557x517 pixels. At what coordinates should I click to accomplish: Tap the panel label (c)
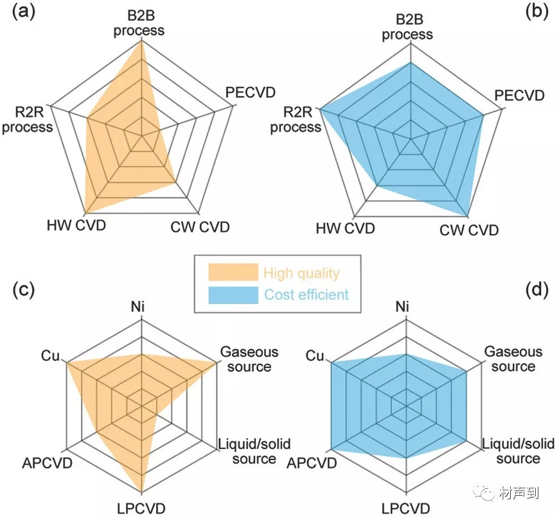23,291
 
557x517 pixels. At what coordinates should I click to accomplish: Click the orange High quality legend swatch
232,273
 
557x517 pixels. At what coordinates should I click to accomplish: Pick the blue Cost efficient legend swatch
232,294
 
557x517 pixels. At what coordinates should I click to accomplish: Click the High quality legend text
301,273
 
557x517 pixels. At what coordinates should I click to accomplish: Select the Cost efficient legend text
306,295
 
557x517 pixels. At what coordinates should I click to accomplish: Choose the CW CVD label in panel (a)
200,226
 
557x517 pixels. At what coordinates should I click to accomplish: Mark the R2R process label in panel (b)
295,119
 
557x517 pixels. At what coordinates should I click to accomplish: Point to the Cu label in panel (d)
315,355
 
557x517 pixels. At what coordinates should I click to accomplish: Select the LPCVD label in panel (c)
140,508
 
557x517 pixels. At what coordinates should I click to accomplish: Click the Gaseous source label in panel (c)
249,359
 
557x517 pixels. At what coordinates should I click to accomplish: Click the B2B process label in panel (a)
139,22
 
